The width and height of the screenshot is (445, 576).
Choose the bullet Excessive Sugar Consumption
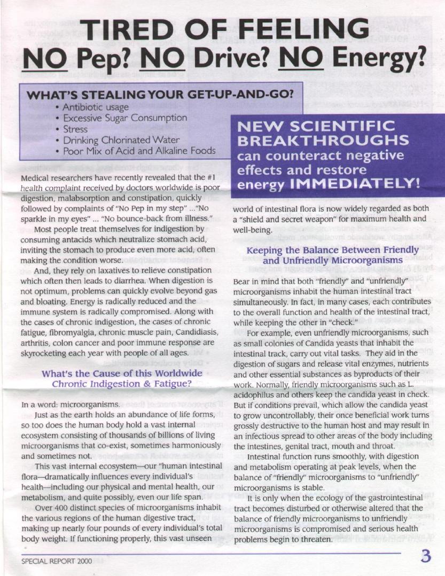tap(125, 118)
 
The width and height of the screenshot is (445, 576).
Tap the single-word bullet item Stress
tap(75, 129)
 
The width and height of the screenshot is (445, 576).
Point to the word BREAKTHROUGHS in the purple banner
tap(323, 141)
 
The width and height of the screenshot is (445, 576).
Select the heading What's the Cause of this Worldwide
tap(122, 373)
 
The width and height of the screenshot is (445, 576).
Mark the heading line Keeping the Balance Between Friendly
tap(332, 250)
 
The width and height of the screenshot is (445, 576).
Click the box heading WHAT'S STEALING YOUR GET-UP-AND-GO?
tap(160, 95)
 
